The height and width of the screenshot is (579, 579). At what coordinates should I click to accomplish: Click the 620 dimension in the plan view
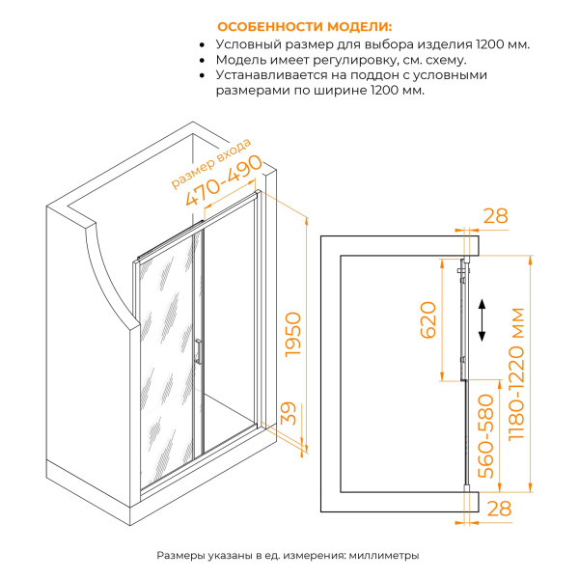428,318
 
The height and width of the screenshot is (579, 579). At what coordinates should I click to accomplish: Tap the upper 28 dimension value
495,216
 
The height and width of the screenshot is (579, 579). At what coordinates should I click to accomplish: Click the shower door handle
198,351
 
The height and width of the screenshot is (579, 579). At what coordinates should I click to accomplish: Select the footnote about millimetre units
289,556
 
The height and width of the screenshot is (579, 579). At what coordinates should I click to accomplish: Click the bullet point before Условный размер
202,45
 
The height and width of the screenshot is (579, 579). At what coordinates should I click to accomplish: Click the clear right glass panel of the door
230,328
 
